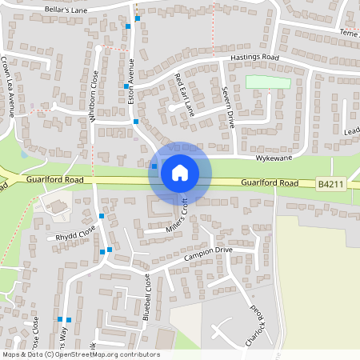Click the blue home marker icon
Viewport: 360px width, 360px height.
[x=180, y=173]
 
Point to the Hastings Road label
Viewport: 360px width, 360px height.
[x=254, y=58]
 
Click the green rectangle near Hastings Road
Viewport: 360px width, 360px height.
[x=268, y=82]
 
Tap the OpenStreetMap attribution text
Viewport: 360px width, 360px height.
[x=81, y=354]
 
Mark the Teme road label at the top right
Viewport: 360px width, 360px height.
[x=350, y=34]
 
